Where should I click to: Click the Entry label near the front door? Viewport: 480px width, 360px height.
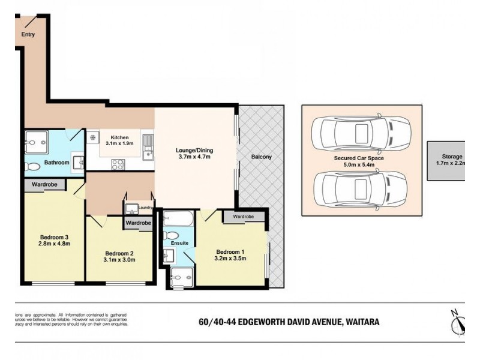(28, 34)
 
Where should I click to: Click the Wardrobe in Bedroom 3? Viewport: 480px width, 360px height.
(45, 185)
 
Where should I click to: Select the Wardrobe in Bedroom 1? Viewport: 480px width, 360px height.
(243, 216)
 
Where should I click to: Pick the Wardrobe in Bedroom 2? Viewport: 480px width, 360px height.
(138, 223)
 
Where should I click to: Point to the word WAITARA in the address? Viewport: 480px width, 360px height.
(361, 322)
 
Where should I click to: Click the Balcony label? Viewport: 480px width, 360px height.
(262, 157)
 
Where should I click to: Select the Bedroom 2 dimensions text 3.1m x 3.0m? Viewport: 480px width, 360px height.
(119, 260)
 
